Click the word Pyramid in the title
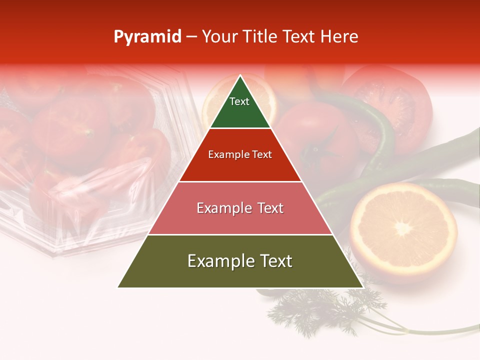(147, 37)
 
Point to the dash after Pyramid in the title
(191, 37)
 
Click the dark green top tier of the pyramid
(240, 107)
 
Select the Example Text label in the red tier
(240, 154)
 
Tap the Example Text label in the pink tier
(240, 208)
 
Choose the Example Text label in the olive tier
(240, 261)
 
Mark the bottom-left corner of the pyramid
(118, 287)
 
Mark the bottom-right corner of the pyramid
(363, 287)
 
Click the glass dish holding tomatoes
(85, 160)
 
